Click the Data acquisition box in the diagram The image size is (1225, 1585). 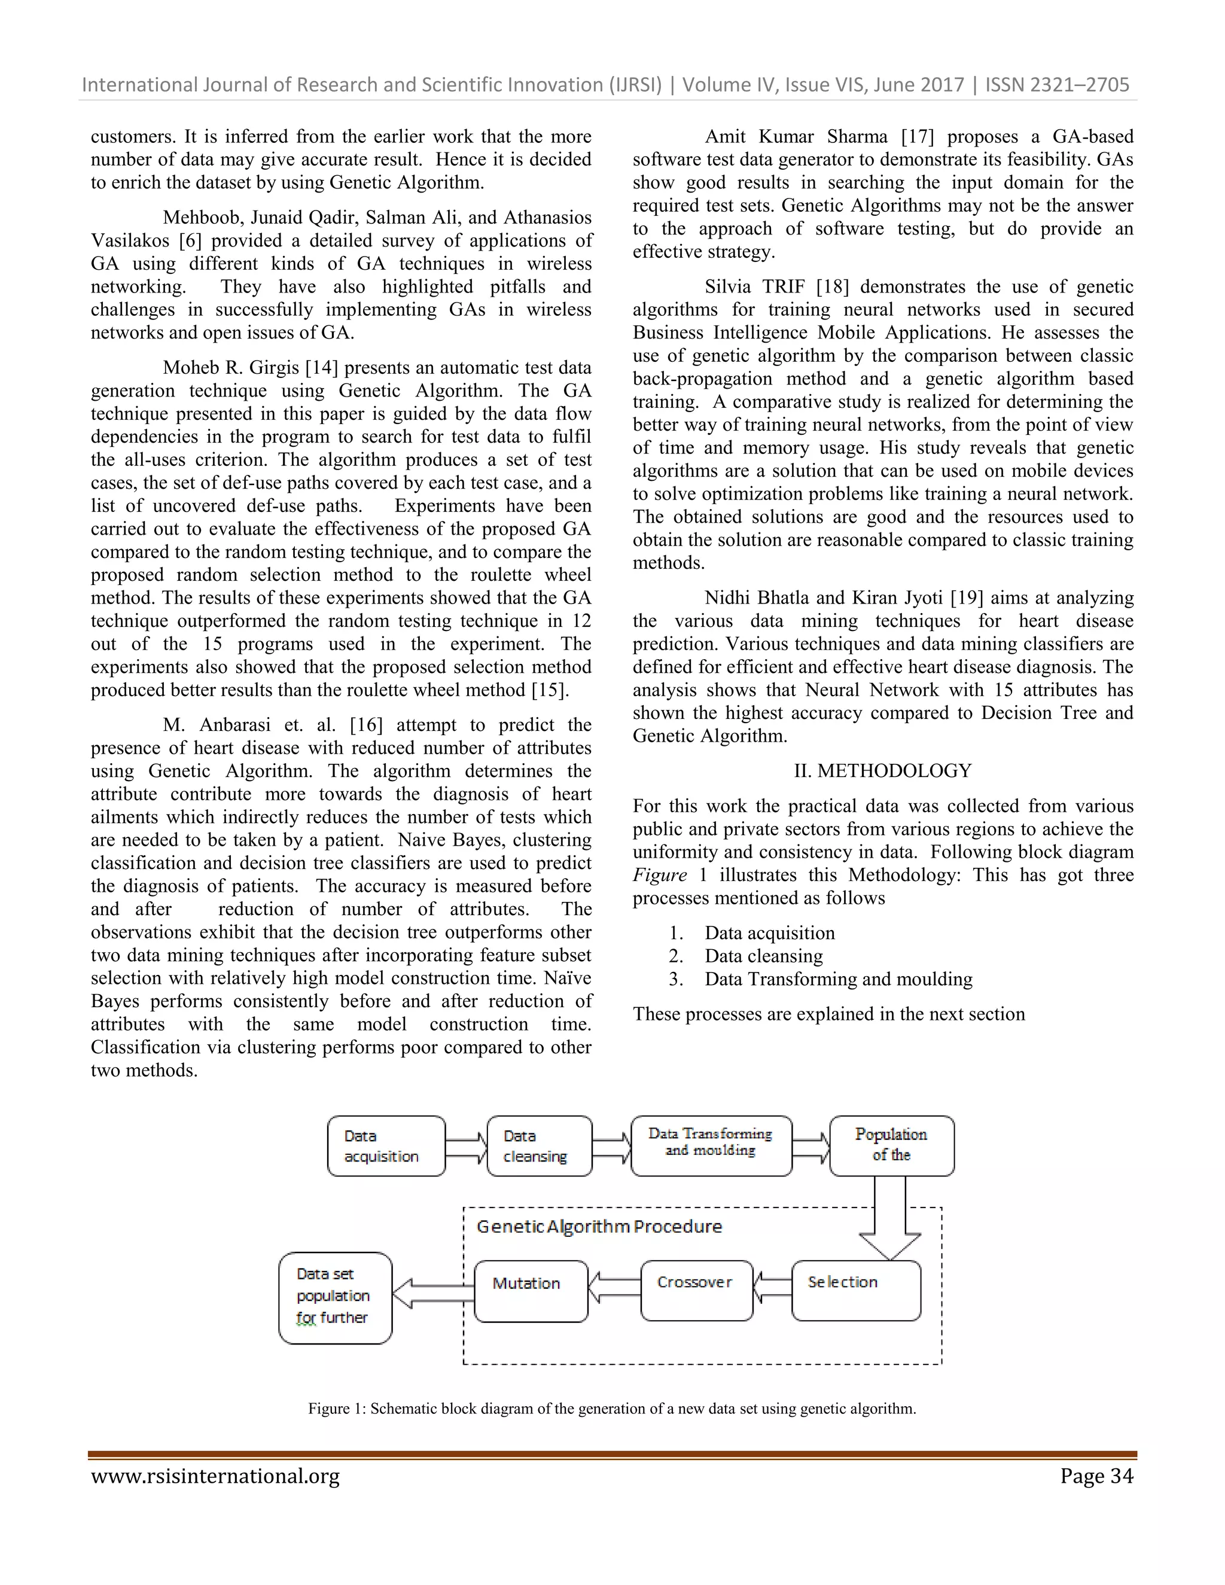coord(385,1146)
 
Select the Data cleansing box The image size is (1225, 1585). coord(539,1146)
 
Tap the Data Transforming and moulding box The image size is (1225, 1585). coord(711,1145)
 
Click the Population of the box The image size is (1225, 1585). coord(891,1145)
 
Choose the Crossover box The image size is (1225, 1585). coord(696,1290)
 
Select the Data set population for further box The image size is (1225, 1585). coord(334,1298)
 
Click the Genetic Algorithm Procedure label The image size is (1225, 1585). coord(599,1227)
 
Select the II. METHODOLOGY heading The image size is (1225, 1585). coord(882,771)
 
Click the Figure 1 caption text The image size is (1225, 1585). coord(612,1409)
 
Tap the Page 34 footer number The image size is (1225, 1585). coord(1096,1476)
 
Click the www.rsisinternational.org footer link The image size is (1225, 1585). coord(215,1476)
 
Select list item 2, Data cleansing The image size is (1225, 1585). coord(763,956)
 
